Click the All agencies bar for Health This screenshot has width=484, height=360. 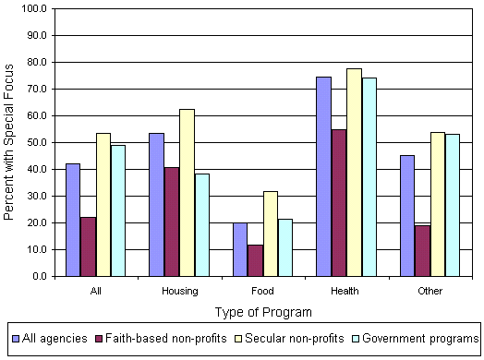323,176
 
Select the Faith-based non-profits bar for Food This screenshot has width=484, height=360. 255,260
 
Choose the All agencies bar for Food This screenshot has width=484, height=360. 240,249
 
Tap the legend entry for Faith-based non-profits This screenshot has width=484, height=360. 165,339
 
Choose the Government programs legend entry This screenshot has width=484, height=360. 420,339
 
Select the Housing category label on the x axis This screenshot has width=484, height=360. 179,291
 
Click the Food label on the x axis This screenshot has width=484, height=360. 262,291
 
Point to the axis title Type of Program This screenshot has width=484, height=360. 263,312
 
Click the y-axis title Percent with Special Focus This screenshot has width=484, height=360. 9,143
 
